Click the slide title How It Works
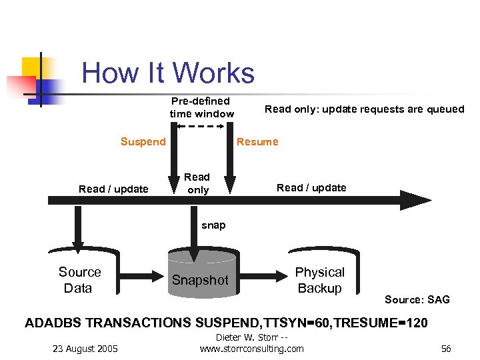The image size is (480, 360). (168, 73)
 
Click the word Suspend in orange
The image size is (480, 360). (143, 141)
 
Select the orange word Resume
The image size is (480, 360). (257, 141)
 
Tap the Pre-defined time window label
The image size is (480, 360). (201, 107)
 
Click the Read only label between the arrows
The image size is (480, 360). (197, 183)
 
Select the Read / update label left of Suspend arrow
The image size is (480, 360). (113, 189)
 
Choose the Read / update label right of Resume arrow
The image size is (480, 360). (311, 187)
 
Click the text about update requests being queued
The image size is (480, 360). (364, 109)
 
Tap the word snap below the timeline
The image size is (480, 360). (213, 225)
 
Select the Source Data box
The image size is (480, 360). (80, 280)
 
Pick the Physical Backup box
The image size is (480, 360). (320, 280)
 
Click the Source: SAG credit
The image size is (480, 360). (417, 299)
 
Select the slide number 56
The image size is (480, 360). (446, 348)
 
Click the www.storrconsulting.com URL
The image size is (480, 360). (252, 348)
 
